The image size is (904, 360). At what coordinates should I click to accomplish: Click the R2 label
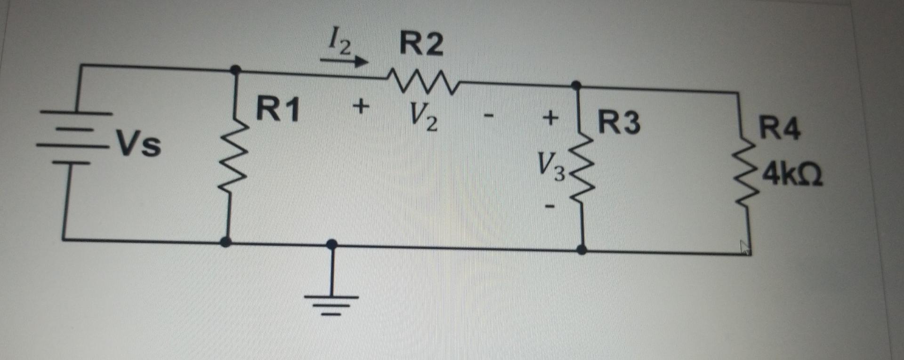click(x=421, y=44)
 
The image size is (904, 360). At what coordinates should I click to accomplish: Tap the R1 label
click(x=278, y=110)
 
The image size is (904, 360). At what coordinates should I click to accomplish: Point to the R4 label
click(x=779, y=128)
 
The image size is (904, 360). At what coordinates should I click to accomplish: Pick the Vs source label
click(x=138, y=144)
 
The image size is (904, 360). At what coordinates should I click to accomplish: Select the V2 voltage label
click(x=423, y=117)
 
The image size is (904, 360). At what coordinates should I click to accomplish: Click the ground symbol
click(x=331, y=301)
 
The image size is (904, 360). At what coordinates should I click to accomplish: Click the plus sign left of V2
click(x=361, y=106)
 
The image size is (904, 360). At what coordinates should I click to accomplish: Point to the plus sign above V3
click(x=549, y=118)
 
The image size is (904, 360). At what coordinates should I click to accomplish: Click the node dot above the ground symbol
click(x=331, y=244)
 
